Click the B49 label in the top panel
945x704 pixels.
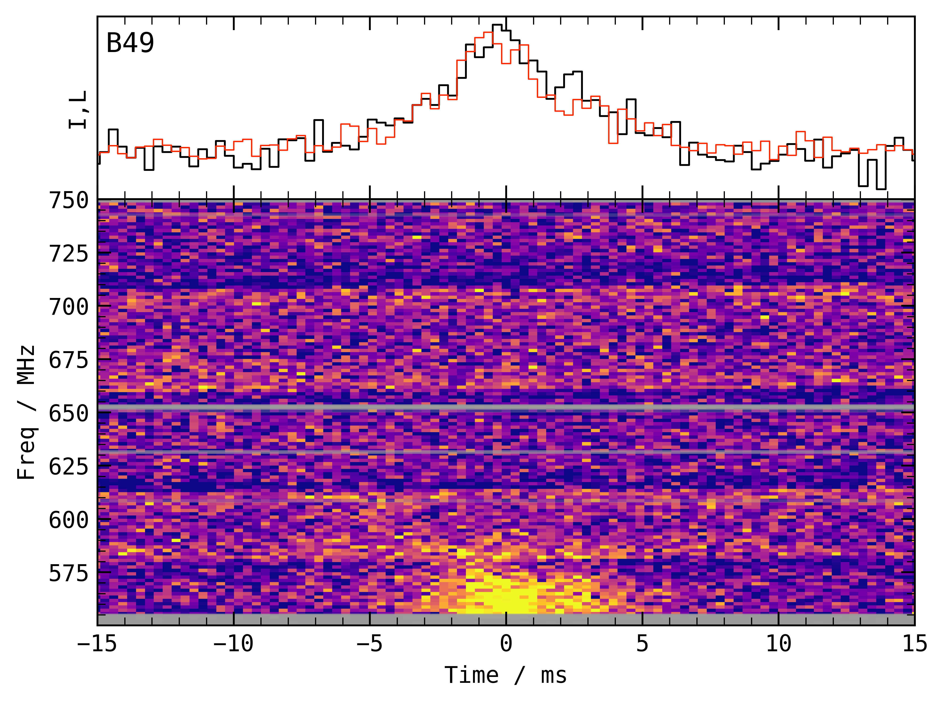pos(130,43)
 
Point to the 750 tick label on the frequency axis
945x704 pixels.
pos(69,200)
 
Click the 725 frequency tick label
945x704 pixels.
pos(69,254)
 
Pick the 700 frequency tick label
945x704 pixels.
pos(69,307)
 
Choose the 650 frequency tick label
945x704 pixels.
pos(69,413)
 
